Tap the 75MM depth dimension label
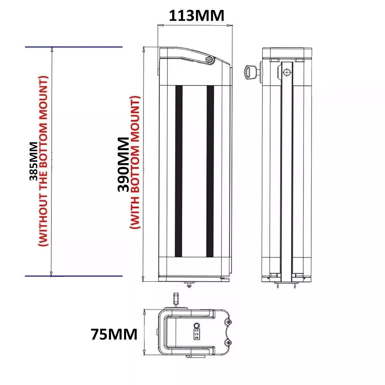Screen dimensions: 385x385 coord(114,334)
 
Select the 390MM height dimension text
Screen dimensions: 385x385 coord(124,165)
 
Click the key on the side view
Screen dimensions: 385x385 coord(251,72)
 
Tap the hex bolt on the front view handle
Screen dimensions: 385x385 coord(209,60)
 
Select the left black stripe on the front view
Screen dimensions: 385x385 coord(179,171)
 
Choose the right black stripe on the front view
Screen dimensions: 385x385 coord(210,171)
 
